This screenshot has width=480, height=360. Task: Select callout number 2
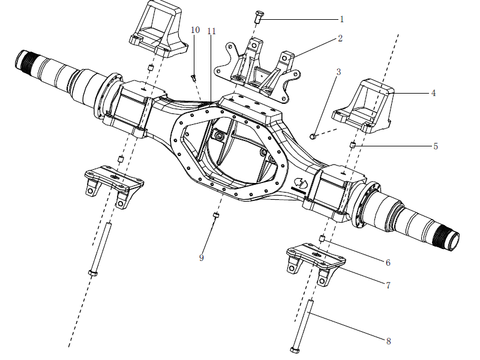(x=340, y=38)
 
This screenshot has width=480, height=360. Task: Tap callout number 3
(x=338, y=72)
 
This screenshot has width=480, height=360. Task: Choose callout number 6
(x=388, y=262)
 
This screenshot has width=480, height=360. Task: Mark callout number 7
(x=388, y=286)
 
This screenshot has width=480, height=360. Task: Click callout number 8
(x=388, y=341)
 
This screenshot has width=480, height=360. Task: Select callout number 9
(x=202, y=257)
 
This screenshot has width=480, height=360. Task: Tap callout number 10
(x=195, y=30)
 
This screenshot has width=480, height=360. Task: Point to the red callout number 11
(x=211, y=31)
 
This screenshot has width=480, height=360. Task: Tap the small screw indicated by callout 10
(x=193, y=77)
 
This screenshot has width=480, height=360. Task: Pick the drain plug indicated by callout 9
(x=215, y=215)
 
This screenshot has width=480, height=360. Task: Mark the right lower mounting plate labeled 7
(x=316, y=259)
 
